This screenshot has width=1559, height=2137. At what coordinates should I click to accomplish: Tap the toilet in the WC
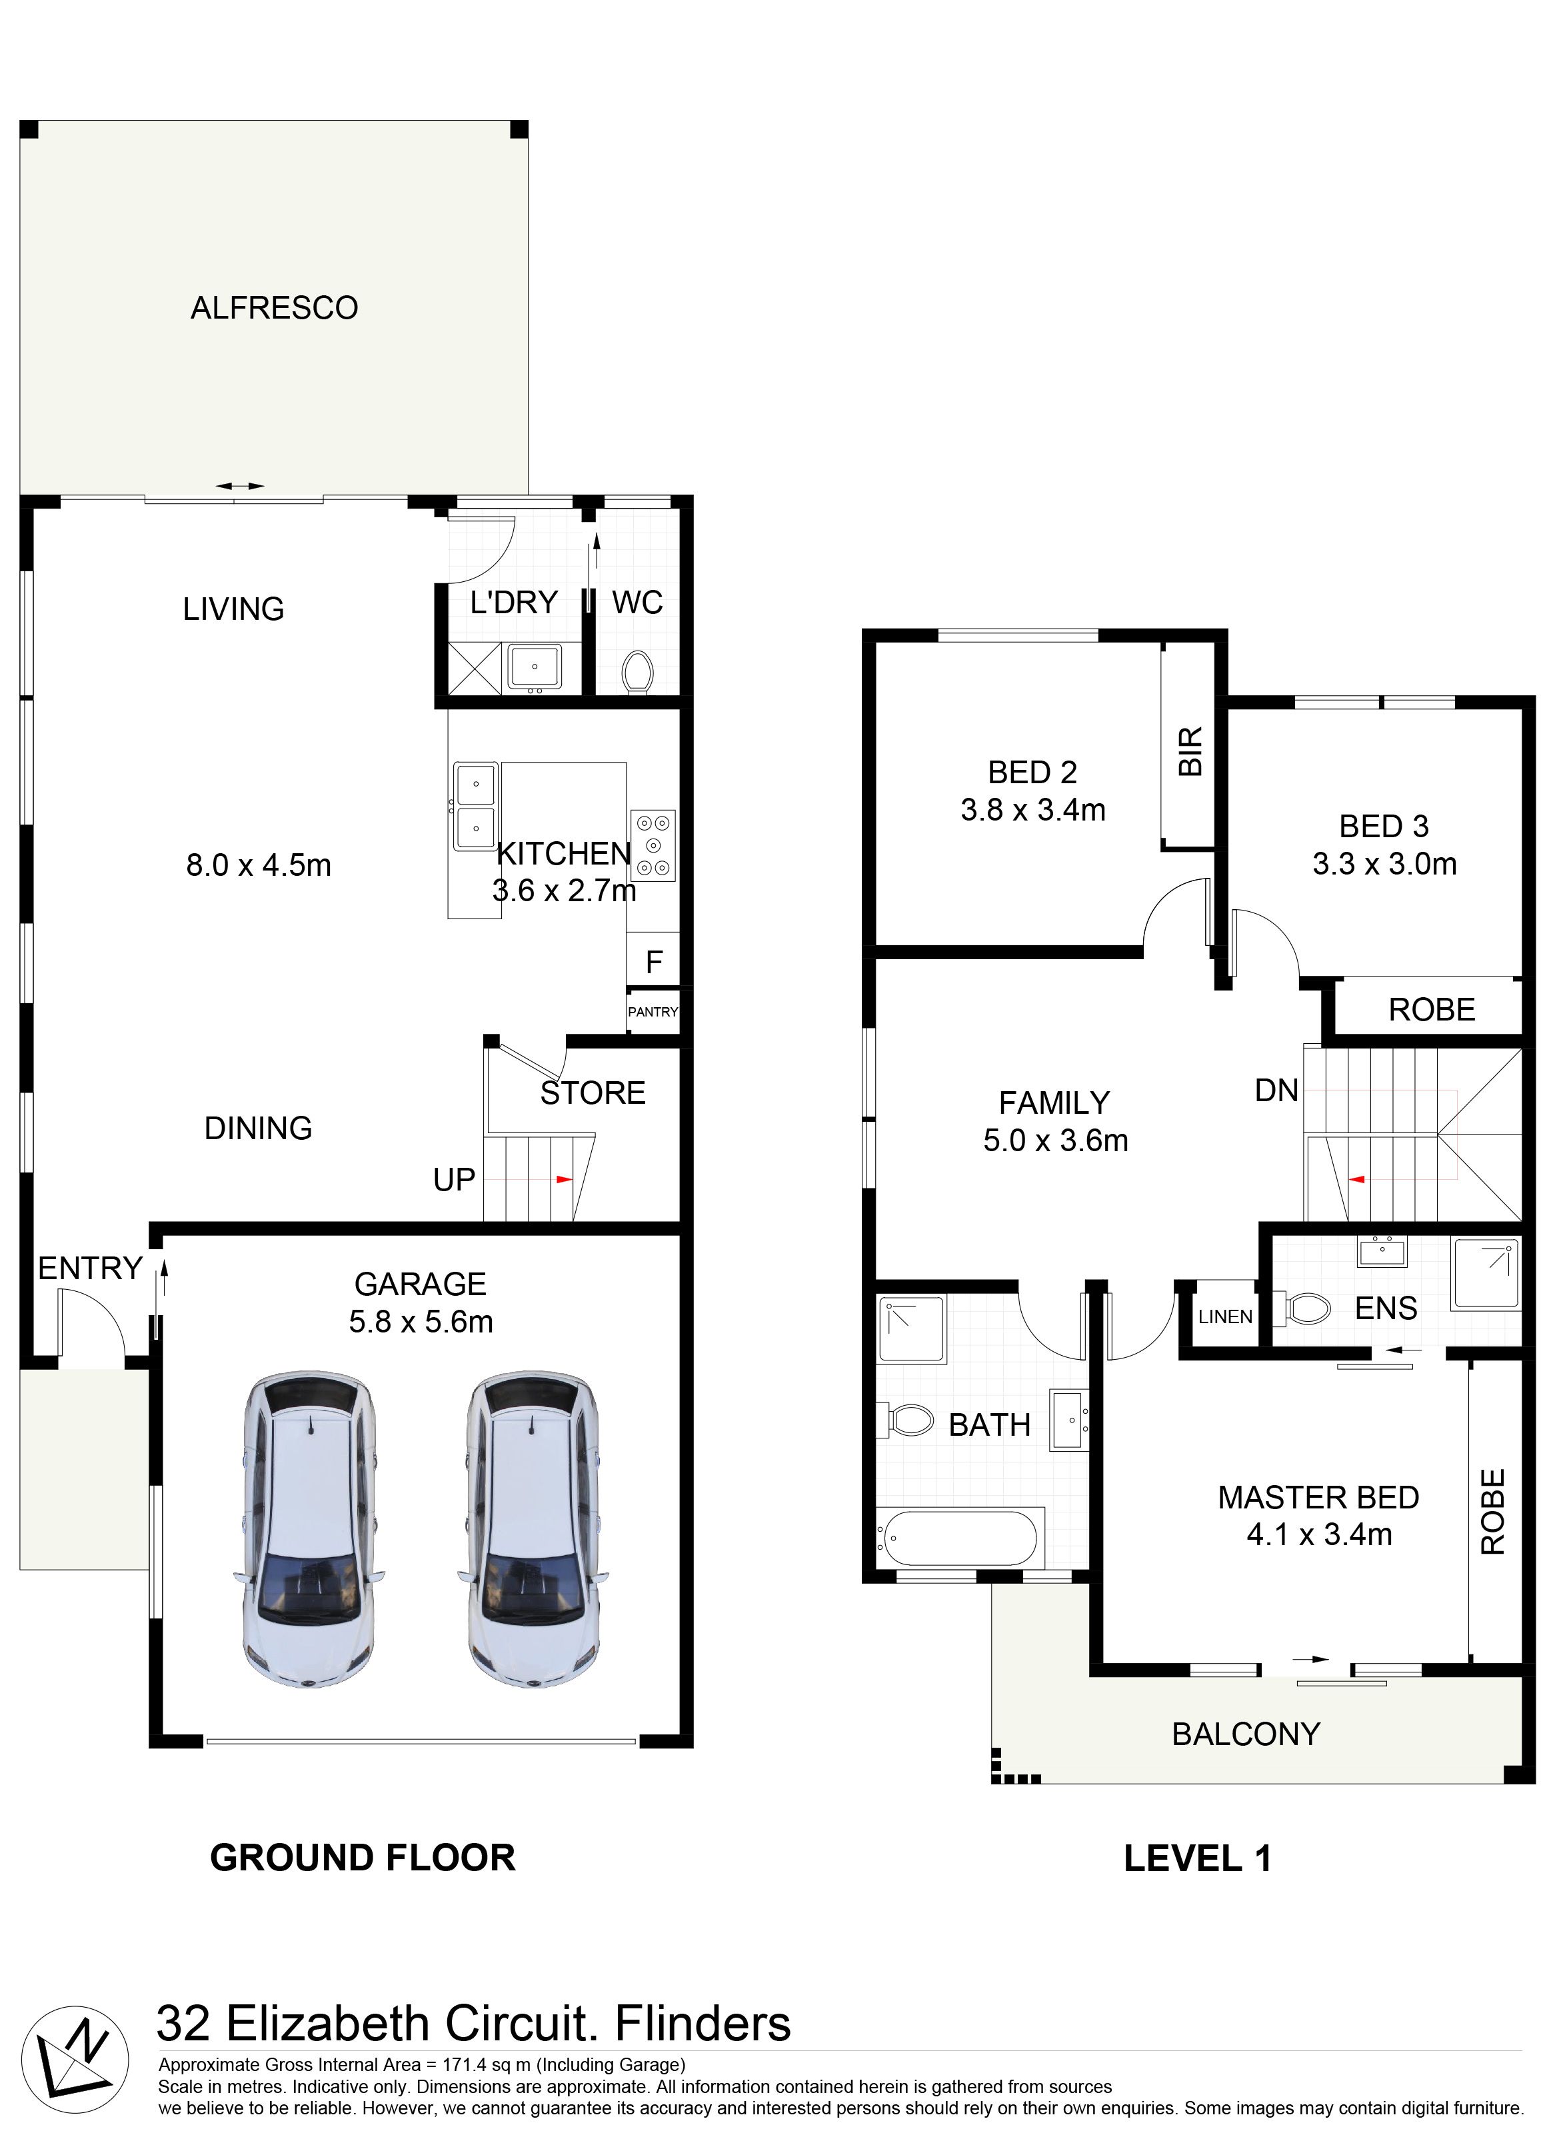tap(638, 672)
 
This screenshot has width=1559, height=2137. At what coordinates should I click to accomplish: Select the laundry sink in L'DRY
tap(534, 667)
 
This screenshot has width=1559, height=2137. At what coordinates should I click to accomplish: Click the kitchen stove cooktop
tap(653, 845)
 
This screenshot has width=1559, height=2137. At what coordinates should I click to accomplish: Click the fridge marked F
tap(654, 961)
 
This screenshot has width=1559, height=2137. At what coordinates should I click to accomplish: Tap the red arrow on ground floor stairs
tap(565, 1179)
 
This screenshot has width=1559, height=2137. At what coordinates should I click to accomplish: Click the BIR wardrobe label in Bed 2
tap(1192, 751)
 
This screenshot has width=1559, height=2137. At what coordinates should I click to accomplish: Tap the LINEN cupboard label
tap(1225, 1316)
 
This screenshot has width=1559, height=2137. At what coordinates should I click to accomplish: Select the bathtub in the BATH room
tap(960, 1539)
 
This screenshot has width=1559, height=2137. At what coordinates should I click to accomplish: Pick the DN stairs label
tap(1277, 1092)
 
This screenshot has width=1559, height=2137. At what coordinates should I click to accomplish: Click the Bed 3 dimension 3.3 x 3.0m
tap(1384, 865)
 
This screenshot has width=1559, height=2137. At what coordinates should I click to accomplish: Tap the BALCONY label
tap(1246, 1734)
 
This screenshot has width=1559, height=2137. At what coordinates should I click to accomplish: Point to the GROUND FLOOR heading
tap(363, 1858)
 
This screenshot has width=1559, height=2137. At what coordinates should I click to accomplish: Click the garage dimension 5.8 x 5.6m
tap(421, 1322)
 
